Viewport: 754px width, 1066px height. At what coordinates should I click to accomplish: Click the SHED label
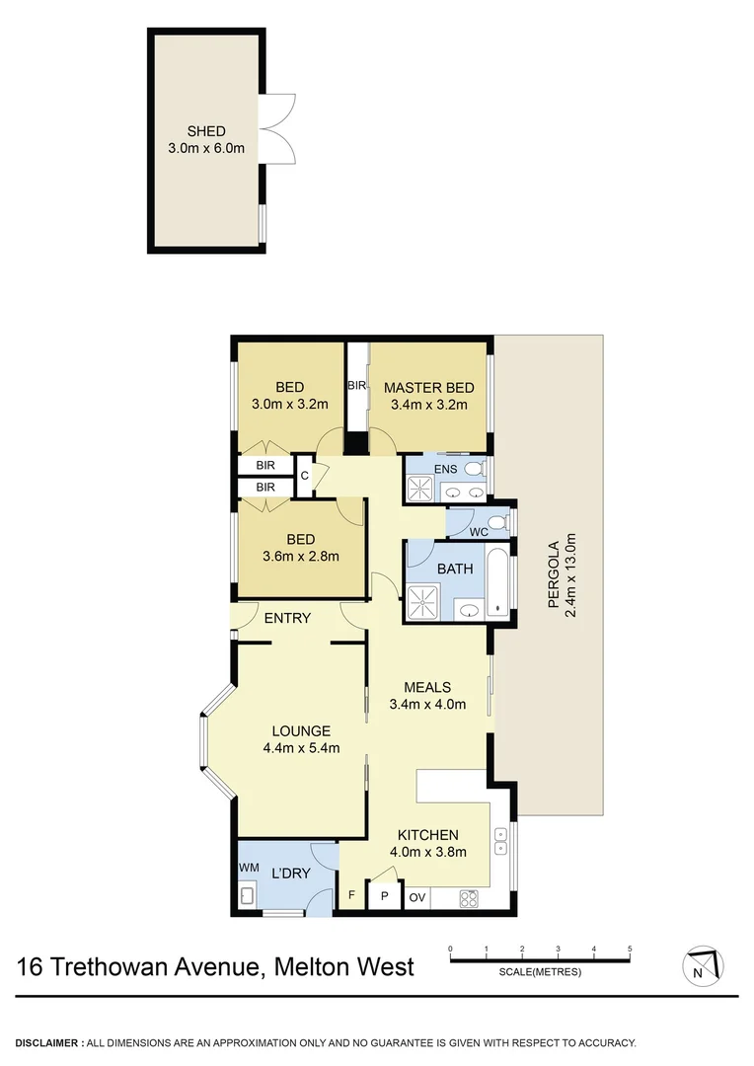pos(206,131)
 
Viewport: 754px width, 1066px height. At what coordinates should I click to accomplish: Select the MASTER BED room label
pos(428,387)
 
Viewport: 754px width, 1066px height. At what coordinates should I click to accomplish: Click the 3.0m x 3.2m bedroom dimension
pos(289,404)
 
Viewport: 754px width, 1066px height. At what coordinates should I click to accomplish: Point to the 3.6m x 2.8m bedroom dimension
pos(300,556)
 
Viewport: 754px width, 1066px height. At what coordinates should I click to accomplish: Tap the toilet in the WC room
pos(498,522)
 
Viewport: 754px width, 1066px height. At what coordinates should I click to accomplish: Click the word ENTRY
pos(287,619)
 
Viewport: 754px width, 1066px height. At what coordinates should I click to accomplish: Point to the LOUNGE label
pos(301,730)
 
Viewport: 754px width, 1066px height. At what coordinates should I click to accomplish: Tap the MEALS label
pos(427,687)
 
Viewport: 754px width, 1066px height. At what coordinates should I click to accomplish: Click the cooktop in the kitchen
pos(469,898)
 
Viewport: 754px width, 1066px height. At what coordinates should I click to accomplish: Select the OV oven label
pos(417,898)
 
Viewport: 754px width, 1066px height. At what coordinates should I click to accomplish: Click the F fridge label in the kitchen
pos(349,897)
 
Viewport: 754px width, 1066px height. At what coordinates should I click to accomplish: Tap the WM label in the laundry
pos(248,868)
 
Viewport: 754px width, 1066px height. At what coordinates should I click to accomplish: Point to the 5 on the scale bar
pos(630,950)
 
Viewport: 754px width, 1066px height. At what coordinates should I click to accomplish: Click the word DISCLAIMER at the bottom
pos(47,1042)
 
